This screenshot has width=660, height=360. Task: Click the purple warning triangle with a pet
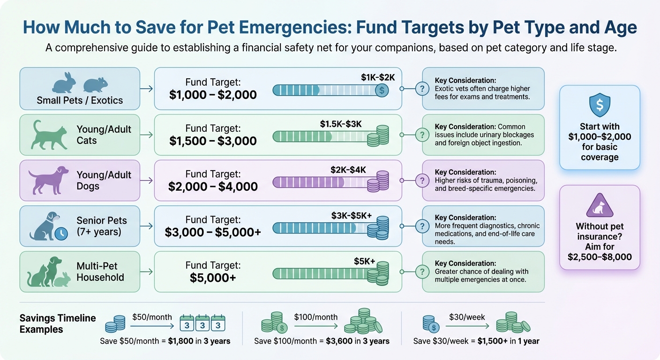click(600, 207)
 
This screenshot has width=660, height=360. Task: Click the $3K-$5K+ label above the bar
click(352, 215)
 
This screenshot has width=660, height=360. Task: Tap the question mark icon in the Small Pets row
click(422, 89)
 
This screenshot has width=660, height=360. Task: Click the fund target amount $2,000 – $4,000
click(213, 187)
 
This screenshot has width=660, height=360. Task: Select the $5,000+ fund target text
click(213, 277)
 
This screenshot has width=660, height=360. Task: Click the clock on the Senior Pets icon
click(61, 233)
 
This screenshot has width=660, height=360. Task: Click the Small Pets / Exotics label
click(80, 100)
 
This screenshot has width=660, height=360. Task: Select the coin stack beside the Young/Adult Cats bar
click(378, 135)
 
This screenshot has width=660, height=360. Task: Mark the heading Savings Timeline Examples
click(57, 323)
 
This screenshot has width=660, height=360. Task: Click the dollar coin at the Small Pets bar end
click(382, 90)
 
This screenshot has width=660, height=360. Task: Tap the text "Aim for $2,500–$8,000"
click(600, 252)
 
